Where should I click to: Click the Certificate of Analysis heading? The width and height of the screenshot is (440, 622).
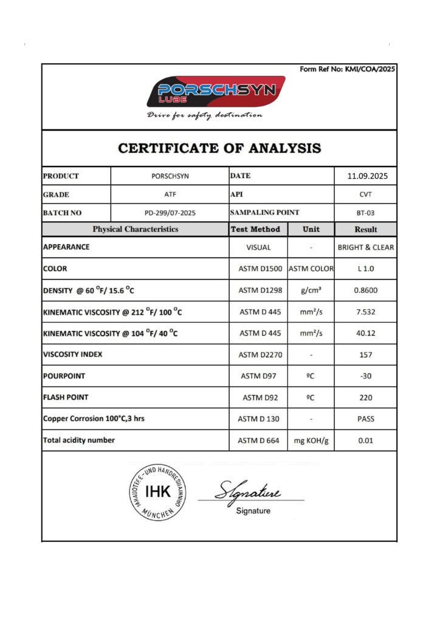(x=219, y=148)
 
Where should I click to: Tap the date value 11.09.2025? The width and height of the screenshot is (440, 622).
(x=365, y=177)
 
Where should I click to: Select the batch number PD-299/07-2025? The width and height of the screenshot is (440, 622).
(x=170, y=213)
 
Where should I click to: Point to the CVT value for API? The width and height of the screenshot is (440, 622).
(x=365, y=195)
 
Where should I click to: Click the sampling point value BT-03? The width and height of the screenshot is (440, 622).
(x=365, y=213)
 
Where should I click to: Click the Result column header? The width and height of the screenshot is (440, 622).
(x=365, y=230)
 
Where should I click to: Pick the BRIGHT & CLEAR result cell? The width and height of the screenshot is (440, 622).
(x=365, y=247)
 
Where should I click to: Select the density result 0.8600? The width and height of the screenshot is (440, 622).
(x=365, y=290)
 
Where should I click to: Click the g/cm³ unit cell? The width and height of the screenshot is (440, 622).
(x=311, y=290)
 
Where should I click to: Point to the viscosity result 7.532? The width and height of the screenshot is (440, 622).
(x=365, y=312)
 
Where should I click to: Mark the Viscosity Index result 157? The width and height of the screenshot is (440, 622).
(x=365, y=355)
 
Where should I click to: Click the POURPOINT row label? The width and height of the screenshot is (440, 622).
(x=64, y=376)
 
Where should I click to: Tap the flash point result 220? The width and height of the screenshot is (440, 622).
(x=365, y=398)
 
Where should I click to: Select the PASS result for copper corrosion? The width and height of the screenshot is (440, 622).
(x=365, y=419)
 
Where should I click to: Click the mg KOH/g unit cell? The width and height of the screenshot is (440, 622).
(x=311, y=440)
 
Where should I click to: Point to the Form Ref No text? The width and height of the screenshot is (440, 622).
(x=348, y=69)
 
